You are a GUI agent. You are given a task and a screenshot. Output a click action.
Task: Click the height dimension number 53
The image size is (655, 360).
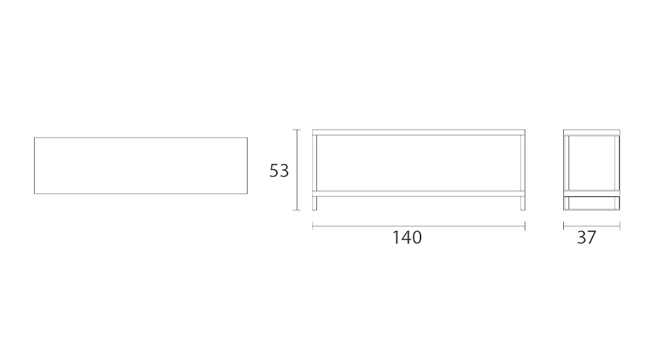tap(279, 171)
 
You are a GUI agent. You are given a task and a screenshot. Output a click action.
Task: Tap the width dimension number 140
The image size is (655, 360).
tap(407, 238)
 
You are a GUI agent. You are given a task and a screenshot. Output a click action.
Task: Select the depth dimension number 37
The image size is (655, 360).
tap(587, 238)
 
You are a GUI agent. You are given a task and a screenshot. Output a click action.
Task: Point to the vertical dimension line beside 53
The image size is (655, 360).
tap(299, 170)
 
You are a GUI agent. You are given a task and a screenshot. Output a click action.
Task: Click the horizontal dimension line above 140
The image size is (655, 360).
tap(419, 226)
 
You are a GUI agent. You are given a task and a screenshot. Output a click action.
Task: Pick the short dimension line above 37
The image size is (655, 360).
tap(591, 226)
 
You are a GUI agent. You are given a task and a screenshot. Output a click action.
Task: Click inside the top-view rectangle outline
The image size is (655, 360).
tap(140, 166)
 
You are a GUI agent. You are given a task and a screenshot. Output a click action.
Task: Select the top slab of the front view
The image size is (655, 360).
tap(419, 132)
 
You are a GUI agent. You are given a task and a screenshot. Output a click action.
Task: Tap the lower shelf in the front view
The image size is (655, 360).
tap(419, 193)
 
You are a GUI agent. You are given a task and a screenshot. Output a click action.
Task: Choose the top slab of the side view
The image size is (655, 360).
tap(591, 132)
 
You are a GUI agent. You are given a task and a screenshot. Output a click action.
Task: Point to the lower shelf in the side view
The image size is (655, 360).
tap(591, 194)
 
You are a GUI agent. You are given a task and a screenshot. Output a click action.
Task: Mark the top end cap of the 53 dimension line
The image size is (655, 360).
tap(299, 130)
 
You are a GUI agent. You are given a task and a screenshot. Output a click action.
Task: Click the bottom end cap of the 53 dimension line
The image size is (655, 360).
tap(299, 210)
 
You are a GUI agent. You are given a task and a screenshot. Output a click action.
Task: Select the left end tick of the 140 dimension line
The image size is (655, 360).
tap(312, 226)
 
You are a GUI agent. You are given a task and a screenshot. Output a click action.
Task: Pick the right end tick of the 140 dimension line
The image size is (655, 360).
tap(525, 226)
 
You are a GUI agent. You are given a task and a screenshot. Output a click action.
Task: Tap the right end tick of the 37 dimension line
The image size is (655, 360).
tap(620, 226)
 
